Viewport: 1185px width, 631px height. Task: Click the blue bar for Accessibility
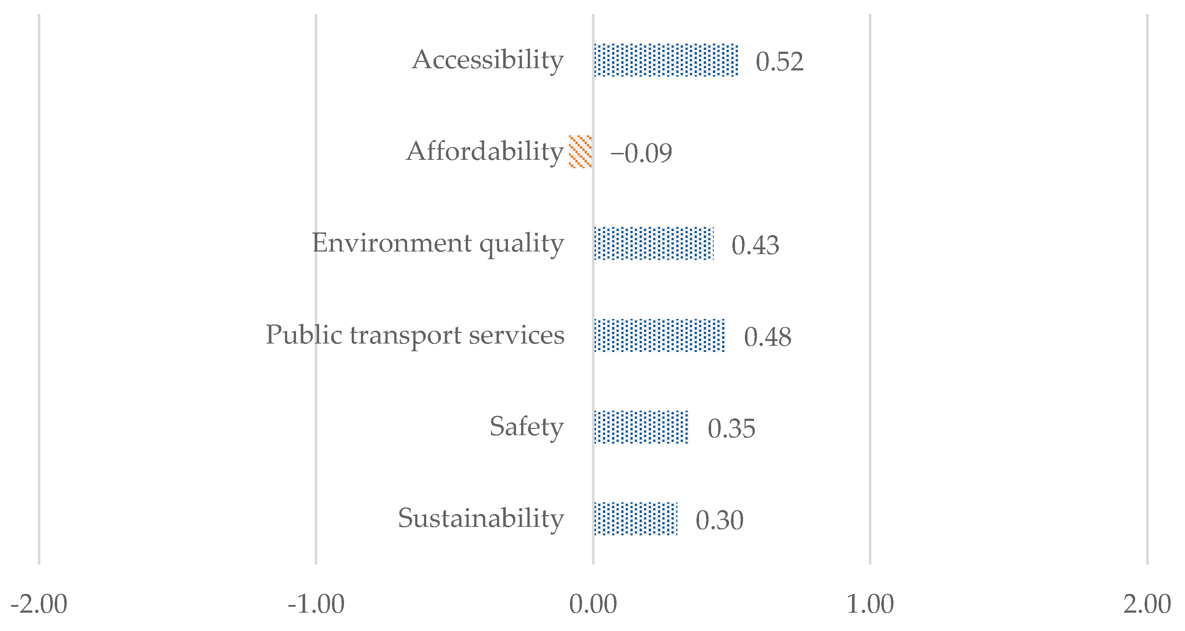(x=666, y=60)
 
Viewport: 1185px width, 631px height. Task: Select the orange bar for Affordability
(x=581, y=152)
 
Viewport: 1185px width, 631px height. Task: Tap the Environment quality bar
(x=654, y=243)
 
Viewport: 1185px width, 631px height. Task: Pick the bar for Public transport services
(x=659, y=335)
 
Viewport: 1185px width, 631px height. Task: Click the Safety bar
(x=641, y=427)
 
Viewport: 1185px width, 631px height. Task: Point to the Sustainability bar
(x=635, y=519)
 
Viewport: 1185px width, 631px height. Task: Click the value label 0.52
(x=779, y=61)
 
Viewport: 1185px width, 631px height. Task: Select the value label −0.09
(x=641, y=153)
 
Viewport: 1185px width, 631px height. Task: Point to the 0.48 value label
(x=767, y=337)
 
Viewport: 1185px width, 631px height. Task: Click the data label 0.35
(x=731, y=428)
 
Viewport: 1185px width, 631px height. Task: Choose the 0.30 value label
(x=719, y=520)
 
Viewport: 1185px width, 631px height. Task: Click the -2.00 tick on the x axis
(x=39, y=604)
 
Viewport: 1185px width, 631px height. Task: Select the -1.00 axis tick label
(x=316, y=604)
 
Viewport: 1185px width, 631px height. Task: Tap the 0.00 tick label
(x=593, y=604)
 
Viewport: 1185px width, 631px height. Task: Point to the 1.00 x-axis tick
(x=870, y=604)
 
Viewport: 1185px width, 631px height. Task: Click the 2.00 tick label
(x=1147, y=604)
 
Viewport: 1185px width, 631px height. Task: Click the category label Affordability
(x=484, y=151)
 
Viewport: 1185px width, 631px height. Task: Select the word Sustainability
(x=481, y=518)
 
